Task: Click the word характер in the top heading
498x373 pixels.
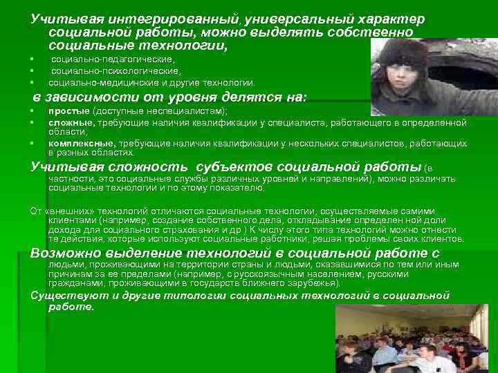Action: (393, 19)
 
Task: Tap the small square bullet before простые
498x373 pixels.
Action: (33, 112)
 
